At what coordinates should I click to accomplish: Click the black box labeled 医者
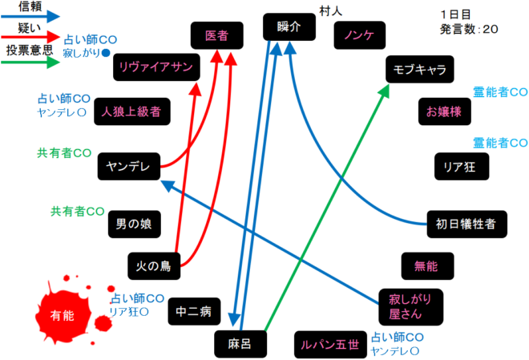click(x=216, y=35)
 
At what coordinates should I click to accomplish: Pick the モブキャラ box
click(x=419, y=70)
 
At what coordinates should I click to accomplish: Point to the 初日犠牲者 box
click(x=466, y=224)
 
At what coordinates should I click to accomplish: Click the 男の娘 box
click(x=135, y=223)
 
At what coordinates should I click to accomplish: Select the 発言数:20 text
click(x=470, y=28)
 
